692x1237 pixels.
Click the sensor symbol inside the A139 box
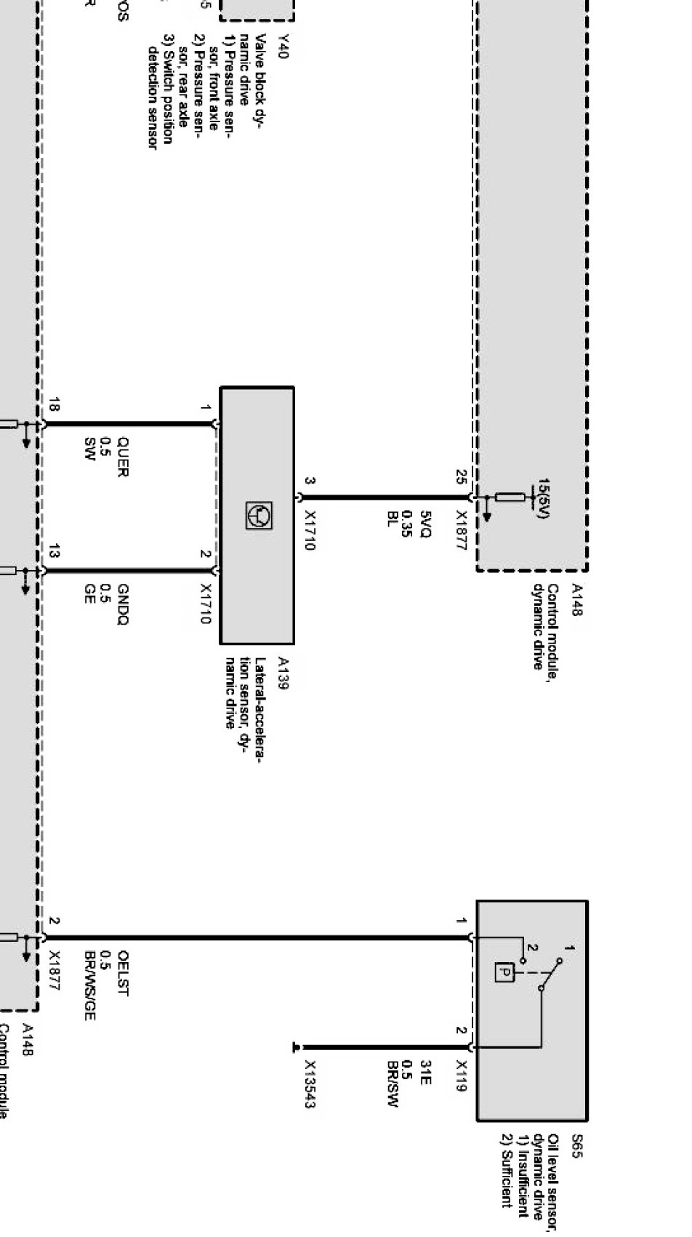coord(258,515)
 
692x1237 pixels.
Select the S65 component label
coord(576,1142)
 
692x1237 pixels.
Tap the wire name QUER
coord(123,457)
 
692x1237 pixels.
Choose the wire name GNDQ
coord(123,604)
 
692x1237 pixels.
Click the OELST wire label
coord(123,973)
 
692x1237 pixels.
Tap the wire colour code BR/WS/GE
coord(89,985)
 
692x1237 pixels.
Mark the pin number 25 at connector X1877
coord(461,477)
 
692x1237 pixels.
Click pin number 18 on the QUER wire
coord(53,405)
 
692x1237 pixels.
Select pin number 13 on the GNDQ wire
coord(53,552)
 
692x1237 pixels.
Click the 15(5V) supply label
coord(543,499)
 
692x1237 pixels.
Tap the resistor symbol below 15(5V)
coord(510,498)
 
